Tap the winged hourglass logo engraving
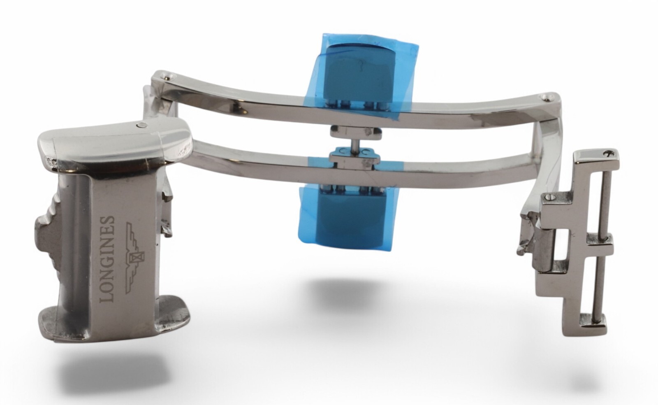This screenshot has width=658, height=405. coord(135,258)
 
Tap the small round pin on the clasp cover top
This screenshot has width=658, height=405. coord(142,126)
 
